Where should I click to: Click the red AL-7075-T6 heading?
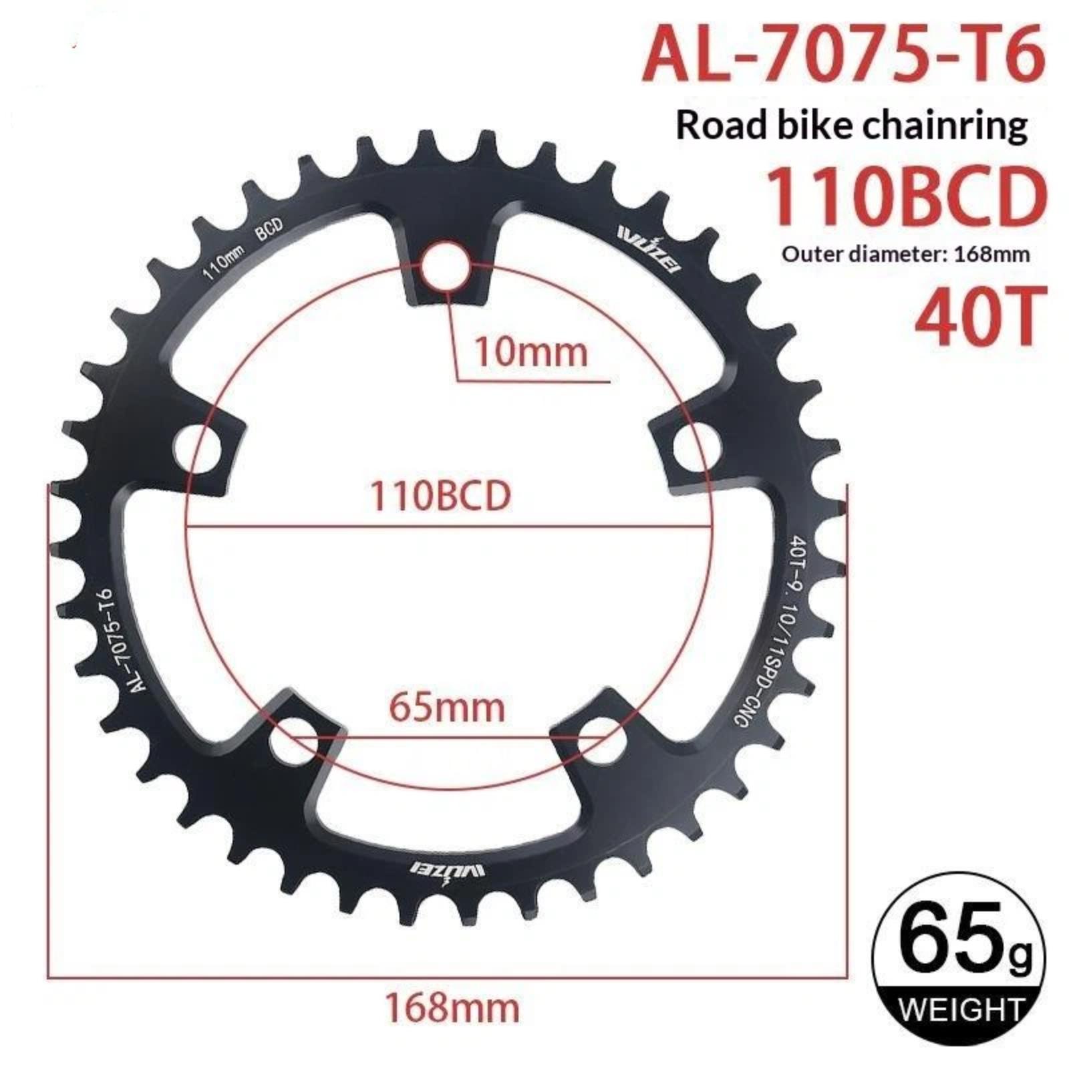pyautogui.click(x=844, y=51)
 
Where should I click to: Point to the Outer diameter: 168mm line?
pyautogui.click(x=906, y=255)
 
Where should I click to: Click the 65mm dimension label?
pyautogui.click(x=447, y=708)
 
